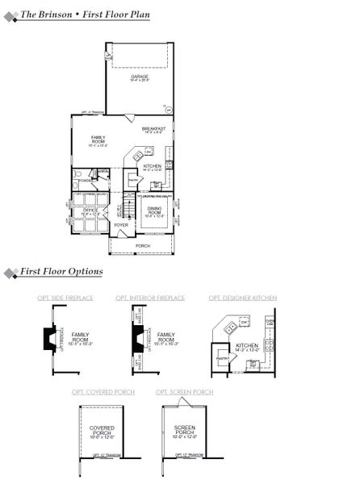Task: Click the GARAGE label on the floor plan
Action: pos(140,77)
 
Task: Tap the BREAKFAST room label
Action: pos(153,129)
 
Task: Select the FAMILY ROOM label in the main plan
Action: pos(98,140)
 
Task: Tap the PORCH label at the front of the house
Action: pos(143,245)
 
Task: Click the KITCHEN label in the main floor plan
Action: pos(152,166)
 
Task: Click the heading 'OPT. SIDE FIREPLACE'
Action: pos(65,298)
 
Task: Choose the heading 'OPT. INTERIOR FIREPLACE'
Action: pos(156,298)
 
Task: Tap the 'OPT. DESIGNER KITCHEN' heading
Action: pos(243,298)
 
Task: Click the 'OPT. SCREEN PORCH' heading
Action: pos(185,392)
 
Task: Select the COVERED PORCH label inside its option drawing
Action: pos(103,431)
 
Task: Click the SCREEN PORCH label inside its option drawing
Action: pos(185,431)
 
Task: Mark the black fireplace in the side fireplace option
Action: pos(52,336)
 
